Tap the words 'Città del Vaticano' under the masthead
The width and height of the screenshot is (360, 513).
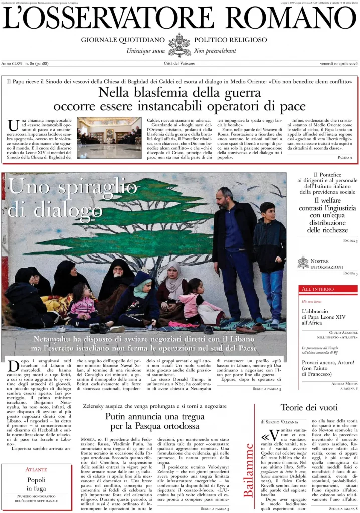(179, 63)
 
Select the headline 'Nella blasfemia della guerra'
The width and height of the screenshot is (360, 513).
(180, 92)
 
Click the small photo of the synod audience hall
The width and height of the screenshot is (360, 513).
(109, 138)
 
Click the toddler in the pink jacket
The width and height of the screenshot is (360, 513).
(83, 306)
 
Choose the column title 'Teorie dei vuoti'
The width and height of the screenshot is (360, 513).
(306, 407)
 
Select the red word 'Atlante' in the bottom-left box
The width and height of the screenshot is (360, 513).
(36, 469)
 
